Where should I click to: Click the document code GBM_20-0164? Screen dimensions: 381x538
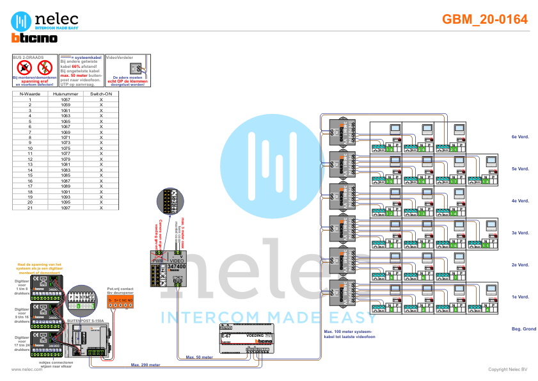click(x=485, y=19)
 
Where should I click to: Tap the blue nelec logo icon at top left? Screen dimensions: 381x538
click(x=21, y=20)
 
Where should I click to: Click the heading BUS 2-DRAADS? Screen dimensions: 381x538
click(x=28, y=57)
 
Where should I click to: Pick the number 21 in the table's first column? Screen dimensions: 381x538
click(x=29, y=208)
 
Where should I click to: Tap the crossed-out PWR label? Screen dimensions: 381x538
click(x=158, y=261)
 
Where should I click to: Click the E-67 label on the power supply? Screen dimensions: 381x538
click(x=226, y=336)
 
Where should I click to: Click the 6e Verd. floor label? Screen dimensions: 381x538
click(x=519, y=137)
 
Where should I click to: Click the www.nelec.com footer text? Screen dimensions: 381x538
click(x=22, y=369)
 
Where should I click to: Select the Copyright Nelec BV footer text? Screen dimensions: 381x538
click(x=507, y=369)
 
